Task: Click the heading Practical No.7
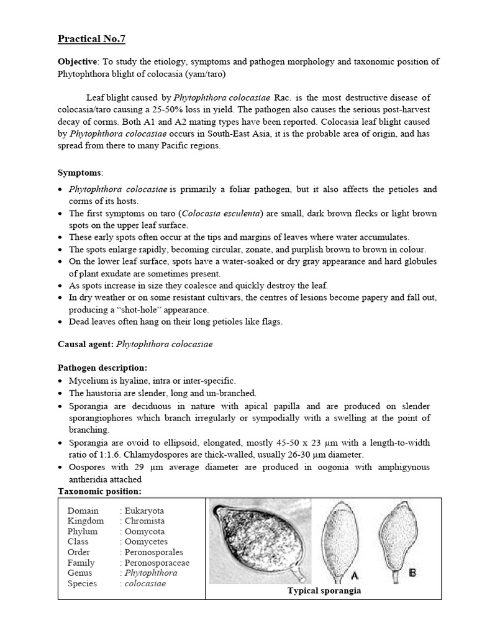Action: (x=91, y=39)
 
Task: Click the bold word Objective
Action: (x=78, y=61)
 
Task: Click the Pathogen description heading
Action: (x=102, y=368)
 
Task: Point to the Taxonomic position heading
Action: (x=99, y=491)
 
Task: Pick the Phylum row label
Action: (x=83, y=532)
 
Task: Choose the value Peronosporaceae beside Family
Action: (x=157, y=563)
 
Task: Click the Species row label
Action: (x=82, y=583)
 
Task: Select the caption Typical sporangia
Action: (x=324, y=591)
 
